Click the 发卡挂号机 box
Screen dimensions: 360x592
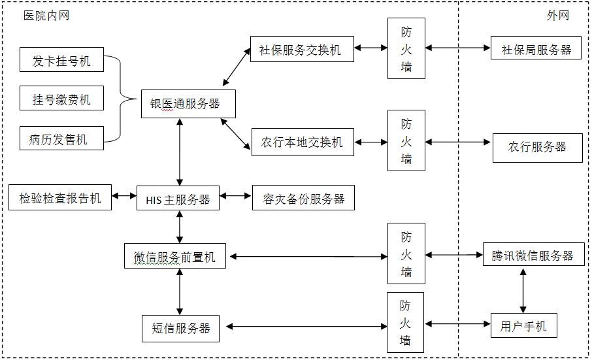pyautogui.click(x=61, y=62)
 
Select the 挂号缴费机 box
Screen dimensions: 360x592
pyautogui.click(x=61, y=100)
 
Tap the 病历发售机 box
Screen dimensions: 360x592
pyautogui.click(x=61, y=139)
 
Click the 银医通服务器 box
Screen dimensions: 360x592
pyautogui.click(x=180, y=104)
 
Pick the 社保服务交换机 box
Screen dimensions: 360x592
pyautogui.click(x=302, y=50)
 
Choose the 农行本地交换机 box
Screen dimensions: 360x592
pyautogui.click(x=303, y=142)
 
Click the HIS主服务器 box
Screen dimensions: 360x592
pyautogui.click(x=174, y=199)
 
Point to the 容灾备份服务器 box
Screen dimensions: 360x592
pyautogui.click(x=303, y=199)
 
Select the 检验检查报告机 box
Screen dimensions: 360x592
pyautogui.click(x=60, y=198)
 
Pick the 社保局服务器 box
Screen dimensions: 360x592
pyautogui.click(x=536, y=50)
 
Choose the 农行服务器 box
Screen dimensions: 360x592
pyautogui.click(x=537, y=147)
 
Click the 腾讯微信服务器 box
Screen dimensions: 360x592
pyautogui.click(x=533, y=255)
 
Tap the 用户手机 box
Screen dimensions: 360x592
pyautogui.click(x=523, y=325)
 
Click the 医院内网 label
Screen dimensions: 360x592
pyautogui.click(x=46, y=16)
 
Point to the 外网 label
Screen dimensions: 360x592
pyautogui.click(x=557, y=16)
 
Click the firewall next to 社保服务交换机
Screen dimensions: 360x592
pyautogui.click(x=406, y=48)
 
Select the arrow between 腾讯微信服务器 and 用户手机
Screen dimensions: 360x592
pyautogui.click(x=523, y=290)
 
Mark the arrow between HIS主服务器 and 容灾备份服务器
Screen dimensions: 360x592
pyautogui.click(x=236, y=195)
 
